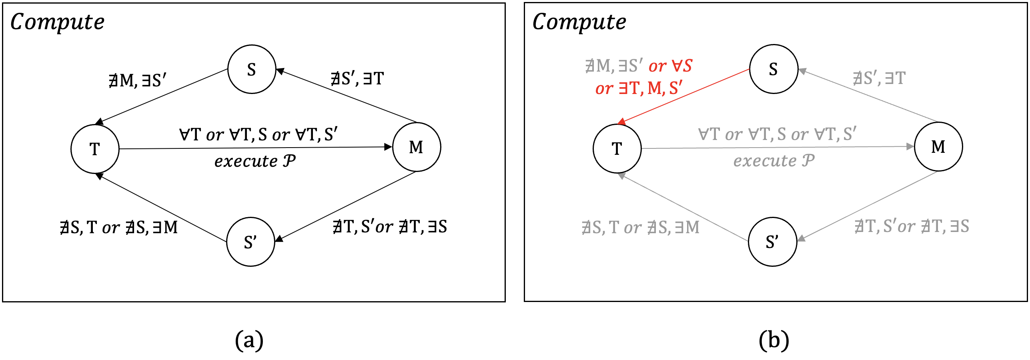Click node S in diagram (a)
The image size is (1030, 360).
point(252,69)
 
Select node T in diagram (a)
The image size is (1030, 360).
point(95,149)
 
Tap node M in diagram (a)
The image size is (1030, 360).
point(417,147)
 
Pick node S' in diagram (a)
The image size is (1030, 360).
point(250,242)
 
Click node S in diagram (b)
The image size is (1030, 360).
point(774,69)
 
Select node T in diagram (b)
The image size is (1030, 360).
point(617,148)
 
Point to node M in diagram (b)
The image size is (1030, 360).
point(938,146)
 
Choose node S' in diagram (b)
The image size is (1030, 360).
point(772,242)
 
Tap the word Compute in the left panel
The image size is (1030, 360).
point(57,22)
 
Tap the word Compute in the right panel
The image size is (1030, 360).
point(579,22)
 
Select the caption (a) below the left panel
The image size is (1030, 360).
point(249,340)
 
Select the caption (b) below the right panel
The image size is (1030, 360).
point(774,340)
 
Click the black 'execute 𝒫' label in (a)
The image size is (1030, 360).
point(255,161)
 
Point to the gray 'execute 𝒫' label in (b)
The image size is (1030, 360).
point(774,161)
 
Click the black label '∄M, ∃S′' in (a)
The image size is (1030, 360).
point(137,80)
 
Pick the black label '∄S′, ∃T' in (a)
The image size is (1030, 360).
point(357,78)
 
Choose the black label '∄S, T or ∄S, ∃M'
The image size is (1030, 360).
point(119,228)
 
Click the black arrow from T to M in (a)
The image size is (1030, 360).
point(256,148)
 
